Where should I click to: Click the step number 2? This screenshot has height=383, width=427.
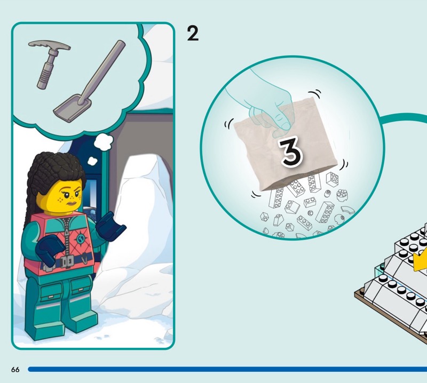193,34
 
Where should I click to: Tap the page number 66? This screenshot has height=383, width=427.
15,369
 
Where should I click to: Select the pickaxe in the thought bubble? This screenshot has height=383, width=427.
49,62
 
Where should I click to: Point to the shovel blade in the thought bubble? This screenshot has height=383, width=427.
72,108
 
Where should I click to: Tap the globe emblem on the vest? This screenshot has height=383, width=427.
81,239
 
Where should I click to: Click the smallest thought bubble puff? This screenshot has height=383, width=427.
92,161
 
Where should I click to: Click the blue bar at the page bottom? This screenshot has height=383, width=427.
227,369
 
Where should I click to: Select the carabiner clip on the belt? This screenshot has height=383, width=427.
86,259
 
